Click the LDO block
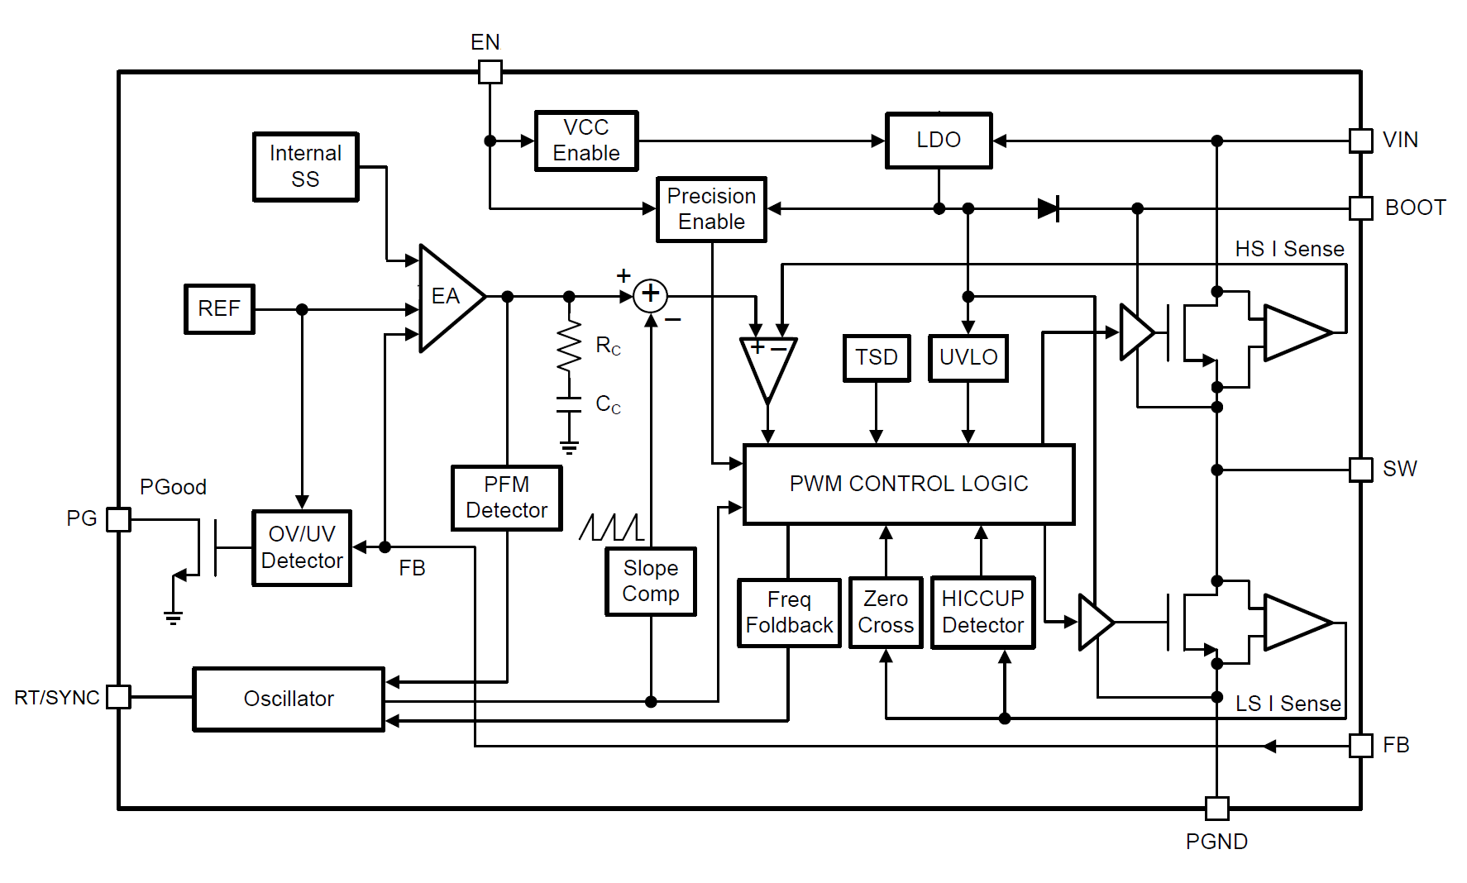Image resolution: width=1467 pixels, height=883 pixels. pos(939,141)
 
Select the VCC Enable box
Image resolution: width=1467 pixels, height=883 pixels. pos(586,141)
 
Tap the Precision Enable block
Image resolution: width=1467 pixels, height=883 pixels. pos(711,209)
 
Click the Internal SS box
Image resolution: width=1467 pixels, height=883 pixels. pos(305,166)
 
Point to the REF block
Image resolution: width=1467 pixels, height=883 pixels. pos(219,308)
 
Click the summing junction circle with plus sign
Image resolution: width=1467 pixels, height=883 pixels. pos(651,294)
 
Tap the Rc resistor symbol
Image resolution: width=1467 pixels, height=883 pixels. pos(569,346)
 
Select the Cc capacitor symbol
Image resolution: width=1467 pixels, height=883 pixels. pos(569,404)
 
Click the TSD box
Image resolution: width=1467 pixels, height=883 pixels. pos(877,357)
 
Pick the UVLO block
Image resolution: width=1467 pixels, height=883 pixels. pos(968,357)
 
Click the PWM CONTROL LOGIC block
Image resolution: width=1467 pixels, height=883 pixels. pos(909,484)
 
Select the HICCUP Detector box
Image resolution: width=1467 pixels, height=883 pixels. pos(982,612)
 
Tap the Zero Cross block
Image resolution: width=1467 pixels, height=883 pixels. pos(886,612)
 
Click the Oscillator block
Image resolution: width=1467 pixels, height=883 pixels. pos(289,699)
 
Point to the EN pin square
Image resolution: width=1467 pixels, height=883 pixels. pos(490,72)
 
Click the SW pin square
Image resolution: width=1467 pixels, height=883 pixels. pos(1360,470)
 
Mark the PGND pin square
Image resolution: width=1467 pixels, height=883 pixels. pos(1216,808)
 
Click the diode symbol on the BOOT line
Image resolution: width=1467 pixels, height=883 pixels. pos(1049,208)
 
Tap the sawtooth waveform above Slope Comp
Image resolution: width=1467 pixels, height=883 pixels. pos(611,527)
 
